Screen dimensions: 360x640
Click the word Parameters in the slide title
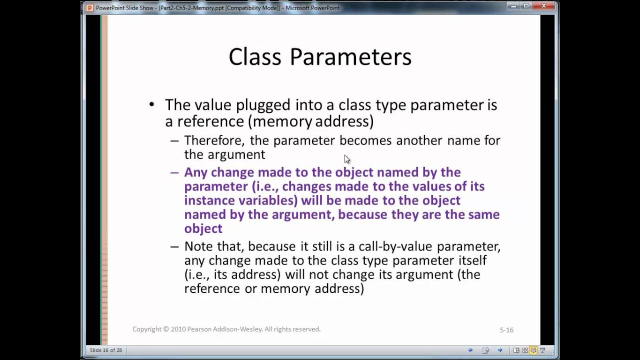click(x=350, y=57)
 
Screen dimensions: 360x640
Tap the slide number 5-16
click(x=506, y=330)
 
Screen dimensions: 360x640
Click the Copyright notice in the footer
click(x=226, y=329)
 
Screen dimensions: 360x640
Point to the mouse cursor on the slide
click(x=347, y=159)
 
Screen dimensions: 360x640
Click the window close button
click(x=543, y=6)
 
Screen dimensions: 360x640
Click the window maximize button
click(x=526, y=6)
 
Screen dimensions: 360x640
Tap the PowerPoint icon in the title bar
click(x=89, y=7)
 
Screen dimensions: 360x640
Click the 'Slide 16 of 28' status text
click(x=106, y=350)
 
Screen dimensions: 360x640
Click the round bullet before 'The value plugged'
click(x=152, y=104)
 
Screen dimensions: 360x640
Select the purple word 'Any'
click(x=195, y=172)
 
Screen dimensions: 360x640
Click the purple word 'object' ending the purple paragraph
click(x=203, y=228)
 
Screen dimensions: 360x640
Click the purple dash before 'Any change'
click(x=174, y=172)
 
